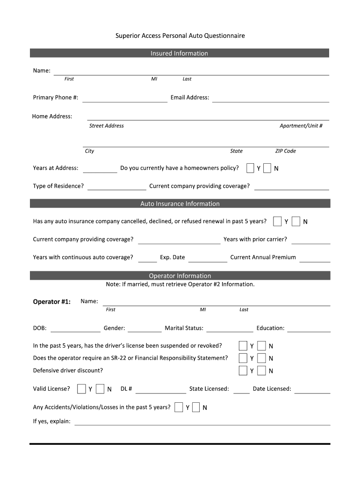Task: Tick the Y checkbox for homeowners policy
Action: coord(251,168)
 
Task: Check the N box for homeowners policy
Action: coord(267,168)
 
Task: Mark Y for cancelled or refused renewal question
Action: coord(278,221)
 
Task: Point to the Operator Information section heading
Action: coord(180,276)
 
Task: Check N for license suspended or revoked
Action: coord(262,346)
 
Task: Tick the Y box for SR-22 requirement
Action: coord(243,358)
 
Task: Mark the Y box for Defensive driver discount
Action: coord(243,371)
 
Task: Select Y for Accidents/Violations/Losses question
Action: coord(179,407)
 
